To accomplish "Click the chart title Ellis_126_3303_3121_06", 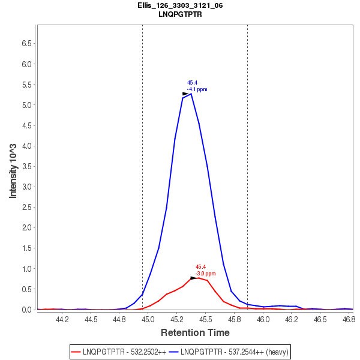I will [180, 5].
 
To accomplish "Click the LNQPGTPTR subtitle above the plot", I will [180, 14].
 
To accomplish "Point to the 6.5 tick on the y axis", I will [26, 44].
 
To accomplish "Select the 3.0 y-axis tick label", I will [26, 187].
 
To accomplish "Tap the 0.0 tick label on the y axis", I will [26, 310].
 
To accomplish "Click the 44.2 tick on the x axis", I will [62, 320].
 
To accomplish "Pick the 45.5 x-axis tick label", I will [205, 320].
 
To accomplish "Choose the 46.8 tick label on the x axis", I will [349, 320].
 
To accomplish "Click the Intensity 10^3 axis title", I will [13, 171].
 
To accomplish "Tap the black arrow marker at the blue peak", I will [186, 94].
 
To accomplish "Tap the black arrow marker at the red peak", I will [193, 278].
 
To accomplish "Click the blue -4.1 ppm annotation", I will [197, 89].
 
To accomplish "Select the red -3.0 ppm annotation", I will [205, 274].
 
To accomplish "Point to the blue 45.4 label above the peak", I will [192, 83].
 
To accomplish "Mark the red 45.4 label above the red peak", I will [200, 267].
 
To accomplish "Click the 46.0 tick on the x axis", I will [263, 320].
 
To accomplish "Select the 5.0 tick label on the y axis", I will [26, 105].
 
